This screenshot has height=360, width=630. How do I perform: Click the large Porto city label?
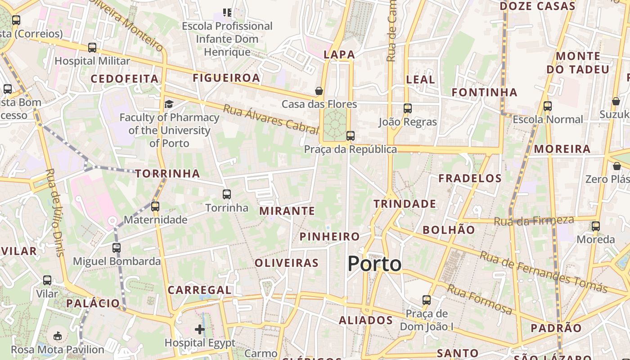click(x=374, y=264)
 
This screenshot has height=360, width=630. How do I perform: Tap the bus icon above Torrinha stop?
click(x=227, y=194)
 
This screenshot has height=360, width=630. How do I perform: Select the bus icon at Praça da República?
click(x=350, y=135)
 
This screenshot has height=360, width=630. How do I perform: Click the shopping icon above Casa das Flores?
click(x=319, y=91)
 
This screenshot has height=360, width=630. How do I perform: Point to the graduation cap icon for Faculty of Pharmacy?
click(x=169, y=104)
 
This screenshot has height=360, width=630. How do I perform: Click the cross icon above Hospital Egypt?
click(x=200, y=329)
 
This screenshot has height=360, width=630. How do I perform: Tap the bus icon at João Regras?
click(x=407, y=108)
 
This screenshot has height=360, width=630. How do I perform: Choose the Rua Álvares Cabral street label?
click(x=271, y=119)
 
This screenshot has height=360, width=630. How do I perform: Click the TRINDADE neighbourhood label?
click(x=405, y=204)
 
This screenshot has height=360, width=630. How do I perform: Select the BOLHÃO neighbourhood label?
click(x=448, y=230)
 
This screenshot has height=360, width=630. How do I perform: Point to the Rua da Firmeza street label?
click(x=534, y=220)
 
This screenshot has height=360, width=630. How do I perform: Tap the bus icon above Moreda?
click(x=596, y=226)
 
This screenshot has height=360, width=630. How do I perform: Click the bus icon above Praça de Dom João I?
click(x=426, y=300)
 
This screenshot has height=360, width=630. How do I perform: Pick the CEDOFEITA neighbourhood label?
click(x=125, y=79)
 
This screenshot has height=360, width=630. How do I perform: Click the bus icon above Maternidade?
click(x=155, y=207)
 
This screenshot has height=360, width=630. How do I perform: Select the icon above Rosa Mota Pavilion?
click(x=58, y=336)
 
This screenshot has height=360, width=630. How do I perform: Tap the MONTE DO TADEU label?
click(x=578, y=63)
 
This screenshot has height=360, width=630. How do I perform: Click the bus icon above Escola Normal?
click(x=547, y=106)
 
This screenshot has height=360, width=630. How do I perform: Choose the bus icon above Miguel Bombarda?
click(x=117, y=247)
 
